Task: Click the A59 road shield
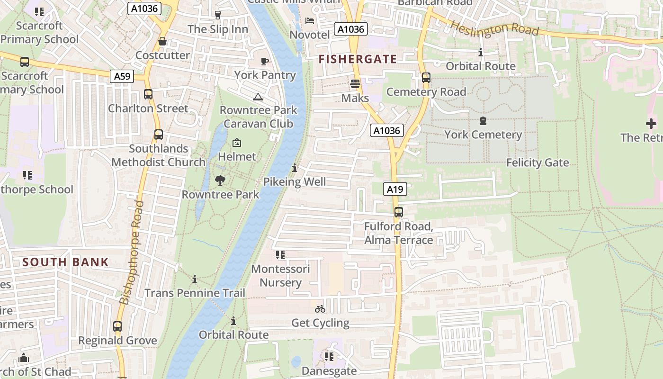click(x=122, y=76)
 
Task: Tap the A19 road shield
click(x=395, y=189)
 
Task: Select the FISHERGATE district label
click(x=358, y=59)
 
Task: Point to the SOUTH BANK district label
click(x=65, y=262)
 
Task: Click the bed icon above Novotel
click(x=309, y=21)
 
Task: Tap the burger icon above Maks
click(x=355, y=84)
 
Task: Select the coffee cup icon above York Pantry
click(x=265, y=61)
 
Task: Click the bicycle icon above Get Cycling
click(x=320, y=309)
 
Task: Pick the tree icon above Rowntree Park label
click(x=220, y=180)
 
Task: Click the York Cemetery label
click(x=483, y=135)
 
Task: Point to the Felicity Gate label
click(x=538, y=162)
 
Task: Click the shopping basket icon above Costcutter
click(x=162, y=42)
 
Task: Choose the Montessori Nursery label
click(x=280, y=276)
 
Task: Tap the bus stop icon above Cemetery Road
click(x=426, y=78)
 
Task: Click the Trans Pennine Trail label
click(x=195, y=293)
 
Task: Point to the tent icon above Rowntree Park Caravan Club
click(x=258, y=97)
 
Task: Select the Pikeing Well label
click(x=295, y=181)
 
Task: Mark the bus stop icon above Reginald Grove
click(x=117, y=326)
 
